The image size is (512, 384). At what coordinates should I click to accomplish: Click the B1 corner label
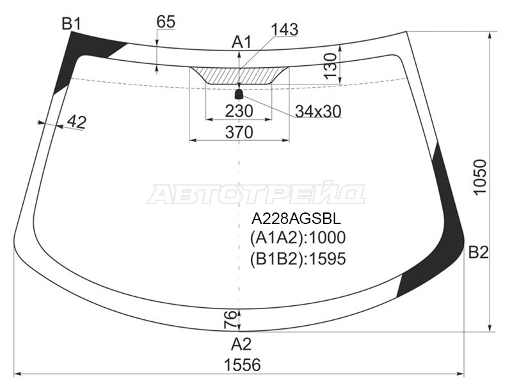(71, 24)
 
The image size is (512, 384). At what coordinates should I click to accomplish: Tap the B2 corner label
(478, 252)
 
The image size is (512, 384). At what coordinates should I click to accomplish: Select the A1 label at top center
(241, 43)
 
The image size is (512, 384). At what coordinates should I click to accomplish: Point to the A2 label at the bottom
(241, 344)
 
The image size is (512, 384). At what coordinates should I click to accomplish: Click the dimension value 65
(165, 21)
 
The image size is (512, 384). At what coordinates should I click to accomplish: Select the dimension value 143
(284, 29)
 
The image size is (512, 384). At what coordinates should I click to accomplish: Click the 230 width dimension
(239, 111)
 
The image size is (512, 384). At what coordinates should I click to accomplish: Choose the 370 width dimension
(239, 132)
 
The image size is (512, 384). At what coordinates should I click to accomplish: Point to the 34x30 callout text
(317, 111)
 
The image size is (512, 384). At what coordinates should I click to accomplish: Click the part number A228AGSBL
(296, 218)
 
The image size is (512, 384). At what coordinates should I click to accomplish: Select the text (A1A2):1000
(298, 238)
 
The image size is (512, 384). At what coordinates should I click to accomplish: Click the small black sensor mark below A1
(239, 94)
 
